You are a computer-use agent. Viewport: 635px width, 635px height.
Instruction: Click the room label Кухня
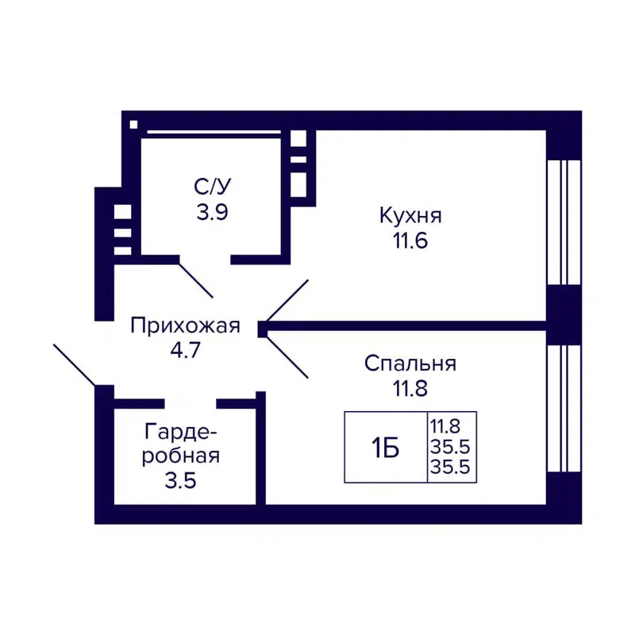point(410,216)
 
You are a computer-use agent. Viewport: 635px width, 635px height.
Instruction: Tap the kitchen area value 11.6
point(410,241)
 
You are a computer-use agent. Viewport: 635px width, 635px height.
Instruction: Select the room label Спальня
point(410,364)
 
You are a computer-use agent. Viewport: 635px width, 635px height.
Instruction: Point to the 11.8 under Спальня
point(410,389)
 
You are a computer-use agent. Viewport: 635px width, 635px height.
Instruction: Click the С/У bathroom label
point(212,188)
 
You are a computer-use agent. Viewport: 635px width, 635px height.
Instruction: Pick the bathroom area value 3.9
point(212,213)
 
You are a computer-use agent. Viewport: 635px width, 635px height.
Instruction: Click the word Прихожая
point(185,325)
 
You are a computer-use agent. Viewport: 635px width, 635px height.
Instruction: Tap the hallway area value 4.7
point(185,350)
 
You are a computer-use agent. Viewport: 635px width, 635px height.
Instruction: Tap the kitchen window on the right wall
point(564,222)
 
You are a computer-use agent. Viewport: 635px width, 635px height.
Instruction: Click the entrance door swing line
point(75,364)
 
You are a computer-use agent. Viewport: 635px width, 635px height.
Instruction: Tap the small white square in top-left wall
point(133,124)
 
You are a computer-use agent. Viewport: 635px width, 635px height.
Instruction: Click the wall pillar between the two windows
point(564,314)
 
